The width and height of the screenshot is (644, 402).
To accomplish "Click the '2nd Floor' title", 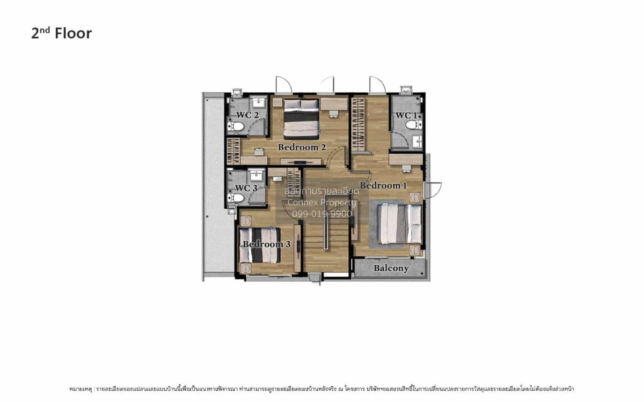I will tap(61, 33).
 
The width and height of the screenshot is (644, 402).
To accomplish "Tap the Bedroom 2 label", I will tap(302, 147).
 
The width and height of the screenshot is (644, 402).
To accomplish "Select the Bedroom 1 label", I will tap(383, 185).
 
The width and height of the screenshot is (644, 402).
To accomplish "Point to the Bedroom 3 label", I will tap(266, 244).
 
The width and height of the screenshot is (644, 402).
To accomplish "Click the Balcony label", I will tap(391, 268).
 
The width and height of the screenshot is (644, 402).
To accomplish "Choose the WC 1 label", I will tap(406, 115).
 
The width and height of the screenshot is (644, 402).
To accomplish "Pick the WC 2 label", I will tap(248, 115).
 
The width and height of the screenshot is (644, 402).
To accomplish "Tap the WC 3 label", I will tap(246, 188).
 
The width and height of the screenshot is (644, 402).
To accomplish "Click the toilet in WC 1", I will tap(412, 125).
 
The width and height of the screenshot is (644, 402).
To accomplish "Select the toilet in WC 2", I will tap(236, 127).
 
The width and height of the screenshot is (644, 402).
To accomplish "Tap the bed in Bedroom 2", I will tap(301, 118).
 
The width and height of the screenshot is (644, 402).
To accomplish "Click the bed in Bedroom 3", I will tap(259, 245).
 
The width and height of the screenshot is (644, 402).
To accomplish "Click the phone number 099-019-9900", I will tap(321, 213).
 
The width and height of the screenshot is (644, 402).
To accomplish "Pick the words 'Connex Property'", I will tap(321, 202).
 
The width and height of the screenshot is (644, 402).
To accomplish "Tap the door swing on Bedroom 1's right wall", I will tap(433, 189).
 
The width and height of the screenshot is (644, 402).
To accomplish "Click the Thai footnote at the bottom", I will tap(321, 388).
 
